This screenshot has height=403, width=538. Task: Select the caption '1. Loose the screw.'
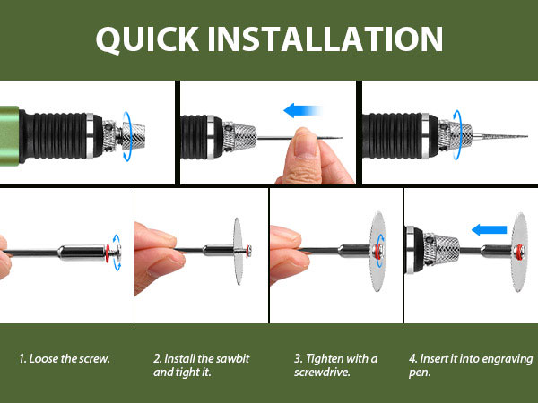[65, 358]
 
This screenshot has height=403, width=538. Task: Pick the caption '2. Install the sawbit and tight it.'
[201, 364]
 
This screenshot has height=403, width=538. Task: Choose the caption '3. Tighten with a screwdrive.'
[335, 364]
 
